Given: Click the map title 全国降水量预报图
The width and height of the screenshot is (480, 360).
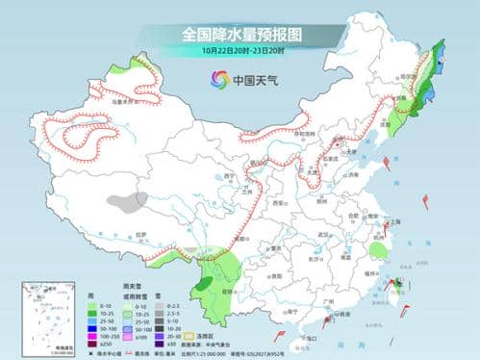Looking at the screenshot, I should click(x=240, y=34).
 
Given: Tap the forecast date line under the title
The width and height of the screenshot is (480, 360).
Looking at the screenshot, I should click(x=240, y=50).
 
